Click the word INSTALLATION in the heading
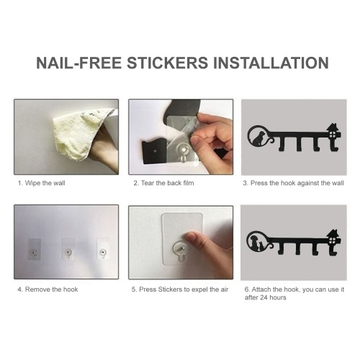click(271, 63)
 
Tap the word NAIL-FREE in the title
click(79, 63)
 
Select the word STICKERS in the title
click(167, 63)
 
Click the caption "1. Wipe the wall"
click(41, 183)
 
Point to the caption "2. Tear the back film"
click(163, 183)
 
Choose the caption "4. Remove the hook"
click(48, 289)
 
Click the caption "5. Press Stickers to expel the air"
click(180, 289)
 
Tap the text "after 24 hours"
click(266, 297)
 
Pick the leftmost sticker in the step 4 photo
click(35, 249)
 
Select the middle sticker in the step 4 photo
click(68, 249)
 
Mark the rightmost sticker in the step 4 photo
click(103, 248)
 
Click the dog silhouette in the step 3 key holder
click(258, 138)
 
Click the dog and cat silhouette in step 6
click(257, 243)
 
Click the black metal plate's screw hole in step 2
click(155, 151)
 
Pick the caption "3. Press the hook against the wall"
click(293, 183)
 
